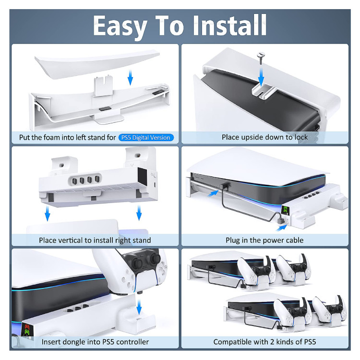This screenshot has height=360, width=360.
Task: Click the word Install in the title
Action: pos(229,25)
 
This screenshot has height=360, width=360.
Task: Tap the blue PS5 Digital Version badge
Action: pos(146,138)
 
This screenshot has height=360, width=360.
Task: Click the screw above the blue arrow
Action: pos(261,58)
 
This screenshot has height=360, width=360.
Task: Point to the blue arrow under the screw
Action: pos(261,76)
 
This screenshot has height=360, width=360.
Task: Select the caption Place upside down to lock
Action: pos(264,137)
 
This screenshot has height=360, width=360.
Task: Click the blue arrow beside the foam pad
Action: pos(130,77)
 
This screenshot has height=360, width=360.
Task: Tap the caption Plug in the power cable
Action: pos(264,240)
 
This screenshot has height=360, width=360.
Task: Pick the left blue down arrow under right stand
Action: pos(48,213)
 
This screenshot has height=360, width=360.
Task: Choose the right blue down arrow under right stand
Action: pos(139,213)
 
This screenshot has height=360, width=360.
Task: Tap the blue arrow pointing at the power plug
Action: pos(281,228)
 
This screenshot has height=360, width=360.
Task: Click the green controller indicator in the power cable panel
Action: pos(285,209)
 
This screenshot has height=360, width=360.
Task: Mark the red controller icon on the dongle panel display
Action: pos(27,327)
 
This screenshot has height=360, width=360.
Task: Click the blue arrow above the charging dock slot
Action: pos(139,307)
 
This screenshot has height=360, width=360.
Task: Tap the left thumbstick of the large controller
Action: pos(136,262)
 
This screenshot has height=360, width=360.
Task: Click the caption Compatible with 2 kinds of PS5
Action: pos(264,342)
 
